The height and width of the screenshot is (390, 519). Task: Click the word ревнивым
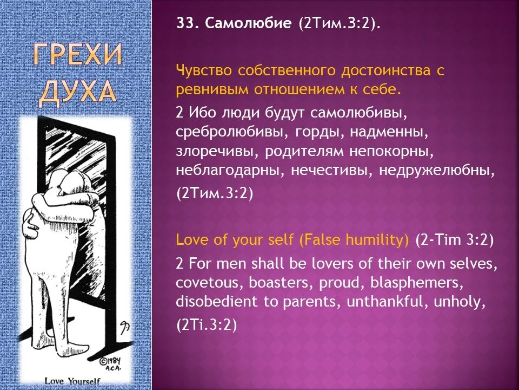coord(208,88)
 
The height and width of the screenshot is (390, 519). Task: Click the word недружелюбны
coord(437,170)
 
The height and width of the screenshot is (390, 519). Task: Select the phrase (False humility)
coord(354,240)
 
